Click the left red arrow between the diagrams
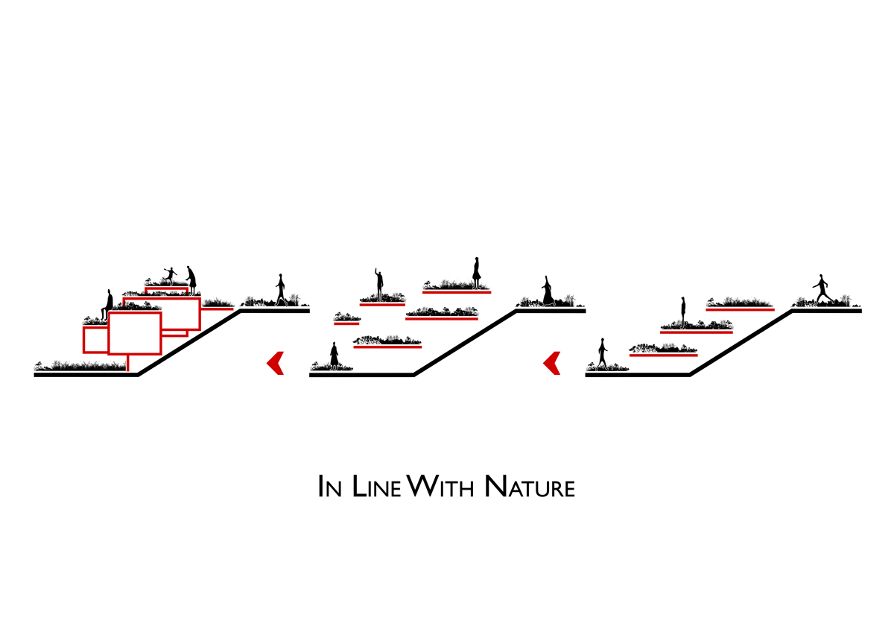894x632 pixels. (276, 363)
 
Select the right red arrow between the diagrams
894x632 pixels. (552, 363)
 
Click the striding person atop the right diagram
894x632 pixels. (822, 289)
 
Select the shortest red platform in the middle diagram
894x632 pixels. (346, 323)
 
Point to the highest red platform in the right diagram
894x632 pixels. (740, 309)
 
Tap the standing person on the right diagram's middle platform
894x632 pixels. (682, 312)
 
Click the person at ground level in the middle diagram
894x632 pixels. (335, 355)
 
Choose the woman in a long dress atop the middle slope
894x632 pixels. (548, 291)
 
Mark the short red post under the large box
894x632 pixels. (129, 363)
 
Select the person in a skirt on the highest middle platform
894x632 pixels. (476, 273)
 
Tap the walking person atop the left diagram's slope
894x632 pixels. (281, 289)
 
